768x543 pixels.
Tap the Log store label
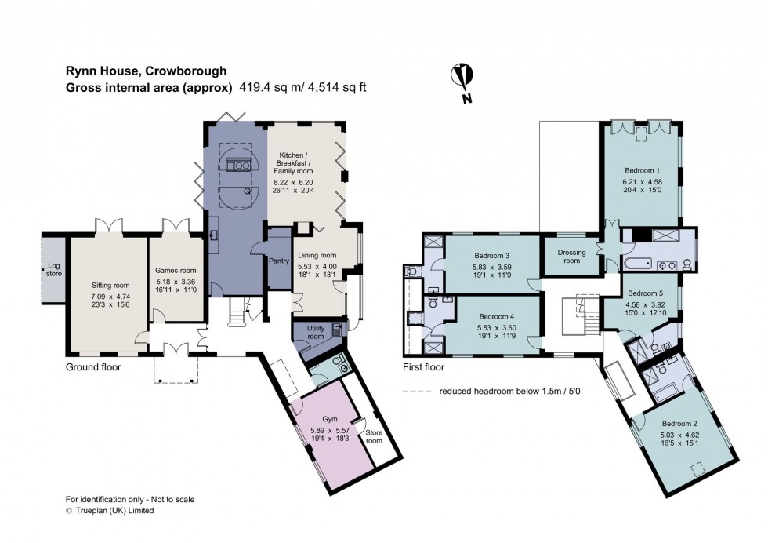point(53,270)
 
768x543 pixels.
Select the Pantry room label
point(279,261)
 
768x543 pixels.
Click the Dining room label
point(317,255)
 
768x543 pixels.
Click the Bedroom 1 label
point(642,170)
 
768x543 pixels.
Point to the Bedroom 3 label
point(492,256)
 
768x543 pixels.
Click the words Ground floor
point(93,366)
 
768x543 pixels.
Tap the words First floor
point(424,366)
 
